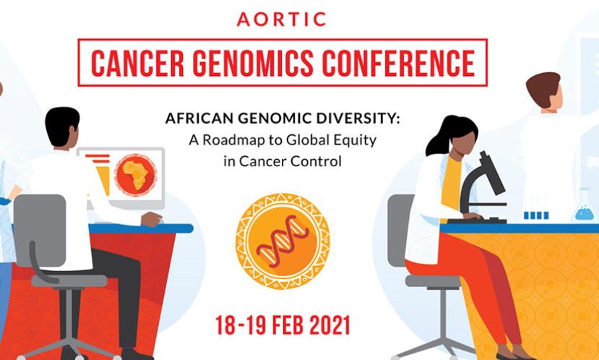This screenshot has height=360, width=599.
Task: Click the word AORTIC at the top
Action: [281, 19]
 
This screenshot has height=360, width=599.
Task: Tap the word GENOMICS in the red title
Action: [252, 63]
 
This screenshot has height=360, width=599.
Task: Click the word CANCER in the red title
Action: [137, 63]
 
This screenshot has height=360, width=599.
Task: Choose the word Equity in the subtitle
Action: [357, 141]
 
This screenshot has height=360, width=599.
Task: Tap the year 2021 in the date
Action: [329, 325]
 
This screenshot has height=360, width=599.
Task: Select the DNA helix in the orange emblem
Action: [283, 241]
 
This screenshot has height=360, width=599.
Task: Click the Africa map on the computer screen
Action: [136, 175]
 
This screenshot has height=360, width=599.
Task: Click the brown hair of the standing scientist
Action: [542, 89]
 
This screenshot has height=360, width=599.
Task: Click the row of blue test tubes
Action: [536, 215]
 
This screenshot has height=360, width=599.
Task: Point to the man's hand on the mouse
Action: [152, 219]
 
